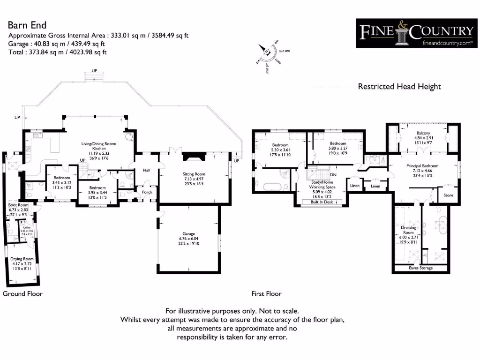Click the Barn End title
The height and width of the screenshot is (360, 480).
[27, 25]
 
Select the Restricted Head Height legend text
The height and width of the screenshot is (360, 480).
[399, 87]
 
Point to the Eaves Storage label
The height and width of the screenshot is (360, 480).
[420, 268]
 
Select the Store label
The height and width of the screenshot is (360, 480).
[448, 195]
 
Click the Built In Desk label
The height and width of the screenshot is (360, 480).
[321, 202]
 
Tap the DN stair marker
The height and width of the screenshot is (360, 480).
[333, 175]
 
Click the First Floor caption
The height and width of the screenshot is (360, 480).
[267, 294]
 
